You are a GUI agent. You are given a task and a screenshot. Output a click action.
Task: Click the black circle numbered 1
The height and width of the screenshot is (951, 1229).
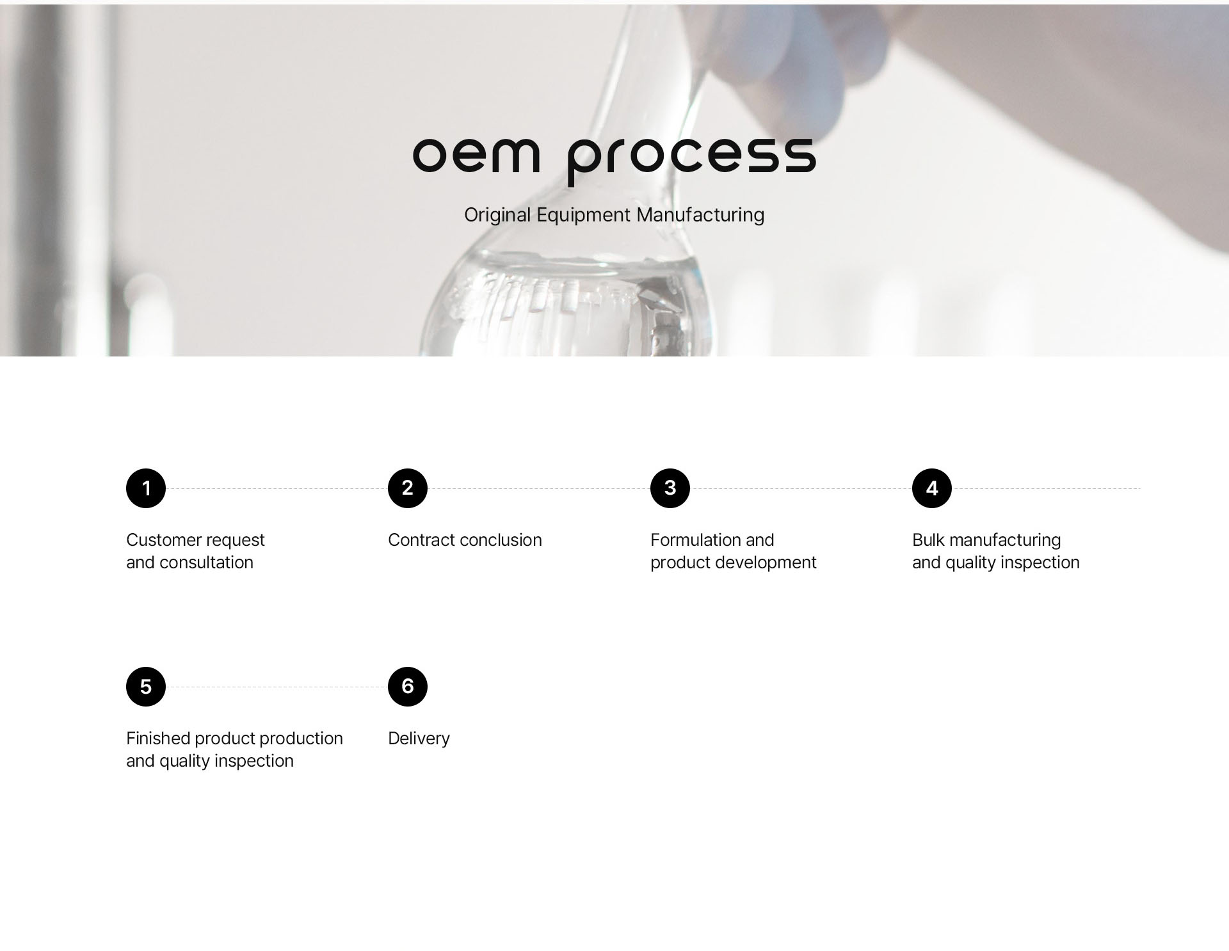coord(146,488)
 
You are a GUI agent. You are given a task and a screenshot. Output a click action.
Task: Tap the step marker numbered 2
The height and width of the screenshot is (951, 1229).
coord(408,488)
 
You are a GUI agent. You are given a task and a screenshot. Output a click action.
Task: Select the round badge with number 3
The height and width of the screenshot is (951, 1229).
coord(670,488)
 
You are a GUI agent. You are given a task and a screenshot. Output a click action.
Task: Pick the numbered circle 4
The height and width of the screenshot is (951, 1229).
coord(932,488)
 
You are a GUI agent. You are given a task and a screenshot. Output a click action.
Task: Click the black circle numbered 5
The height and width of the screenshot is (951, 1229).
coord(146,687)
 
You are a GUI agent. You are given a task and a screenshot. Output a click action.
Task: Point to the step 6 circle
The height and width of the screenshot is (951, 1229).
coord(408,687)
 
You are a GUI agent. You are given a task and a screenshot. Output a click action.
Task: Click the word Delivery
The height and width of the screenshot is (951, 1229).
coord(419,739)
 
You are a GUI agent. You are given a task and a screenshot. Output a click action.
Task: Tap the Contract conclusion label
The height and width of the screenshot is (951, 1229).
coord(465,540)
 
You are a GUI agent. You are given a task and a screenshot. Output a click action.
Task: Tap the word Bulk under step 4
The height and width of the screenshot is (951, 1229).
coord(928,540)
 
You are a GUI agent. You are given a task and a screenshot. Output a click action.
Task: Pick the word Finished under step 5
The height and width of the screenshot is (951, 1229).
coord(158,739)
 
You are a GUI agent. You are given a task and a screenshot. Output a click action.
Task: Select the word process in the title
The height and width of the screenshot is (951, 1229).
coord(692,161)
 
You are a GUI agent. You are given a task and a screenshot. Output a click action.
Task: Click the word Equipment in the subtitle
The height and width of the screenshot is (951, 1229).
coord(584,216)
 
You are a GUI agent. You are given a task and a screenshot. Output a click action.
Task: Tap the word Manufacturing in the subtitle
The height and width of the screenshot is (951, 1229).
coord(700,215)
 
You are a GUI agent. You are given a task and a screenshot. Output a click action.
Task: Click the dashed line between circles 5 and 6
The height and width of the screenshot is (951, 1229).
coord(277,687)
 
